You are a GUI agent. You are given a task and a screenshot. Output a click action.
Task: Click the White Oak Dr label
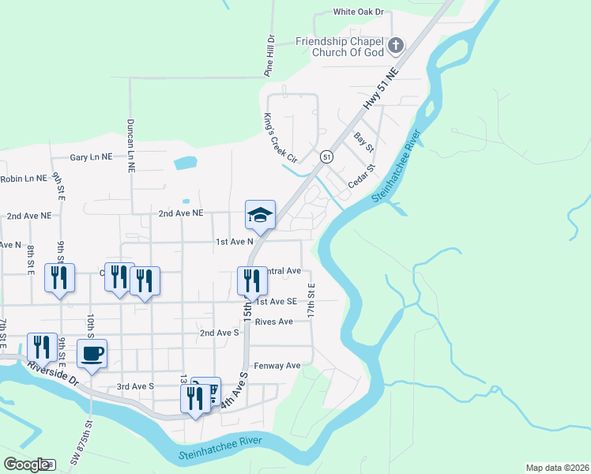pos(357,12)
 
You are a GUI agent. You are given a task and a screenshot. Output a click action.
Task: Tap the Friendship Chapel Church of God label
pos(340,47)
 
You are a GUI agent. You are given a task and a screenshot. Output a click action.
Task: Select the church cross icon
pos(397,45)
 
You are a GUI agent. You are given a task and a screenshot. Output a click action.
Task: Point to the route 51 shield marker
pos(326,157)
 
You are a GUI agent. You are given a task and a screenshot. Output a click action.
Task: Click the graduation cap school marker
pos(260,214)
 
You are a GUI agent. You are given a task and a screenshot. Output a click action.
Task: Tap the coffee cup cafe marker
pos(92,353)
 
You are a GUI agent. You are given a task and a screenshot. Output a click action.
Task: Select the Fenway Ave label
pos(277,366)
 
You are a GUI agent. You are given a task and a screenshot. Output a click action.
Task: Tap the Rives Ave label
pos(273,322)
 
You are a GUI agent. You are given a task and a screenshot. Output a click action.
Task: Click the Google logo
pos(26,465)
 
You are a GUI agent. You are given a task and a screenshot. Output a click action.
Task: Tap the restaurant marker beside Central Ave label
pos(248,280)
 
